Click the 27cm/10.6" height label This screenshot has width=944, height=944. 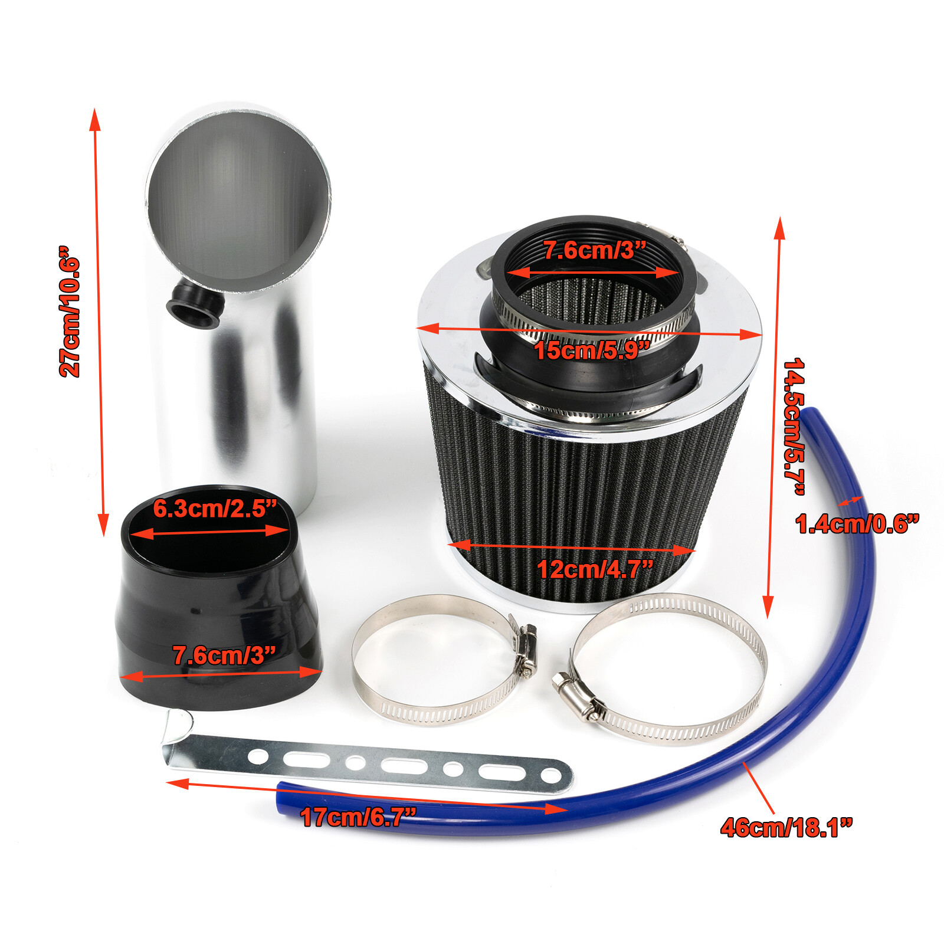(x=70, y=312)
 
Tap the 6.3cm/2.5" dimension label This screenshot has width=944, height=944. (x=214, y=509)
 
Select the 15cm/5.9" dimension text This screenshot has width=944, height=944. (x=592, y=350)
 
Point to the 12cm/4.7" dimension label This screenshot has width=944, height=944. (x=595, y=569)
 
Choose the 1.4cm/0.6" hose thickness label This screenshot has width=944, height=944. (x=857, y=524)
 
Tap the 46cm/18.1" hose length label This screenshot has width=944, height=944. (x=786, y=827)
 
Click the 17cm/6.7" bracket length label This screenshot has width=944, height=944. (x=358, y=817)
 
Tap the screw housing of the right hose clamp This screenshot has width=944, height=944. (x=573, y=696)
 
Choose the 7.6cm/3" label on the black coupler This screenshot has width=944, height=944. (x=224, y=655)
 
